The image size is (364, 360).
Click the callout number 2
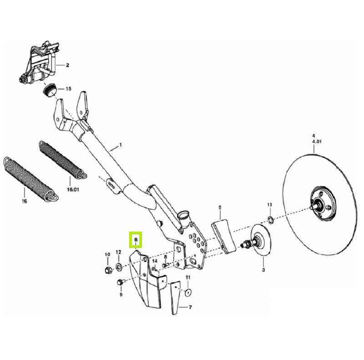(67, 65)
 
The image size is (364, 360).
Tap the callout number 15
(68, 89)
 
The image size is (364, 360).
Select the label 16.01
(73, 189)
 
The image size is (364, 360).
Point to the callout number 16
(25, 201)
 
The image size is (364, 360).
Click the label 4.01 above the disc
(317, 142)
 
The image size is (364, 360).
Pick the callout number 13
(269, 205)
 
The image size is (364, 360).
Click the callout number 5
(220, 207)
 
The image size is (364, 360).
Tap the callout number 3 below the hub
(263, 270)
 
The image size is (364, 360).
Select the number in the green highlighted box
(136, 239)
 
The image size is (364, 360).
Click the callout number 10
(107, 254)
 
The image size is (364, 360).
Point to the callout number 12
(118, 252)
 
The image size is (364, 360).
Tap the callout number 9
(121, 294)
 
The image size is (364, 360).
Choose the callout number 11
(188, 277)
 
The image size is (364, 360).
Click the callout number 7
(190, 307)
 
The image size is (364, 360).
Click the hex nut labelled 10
(108, 270)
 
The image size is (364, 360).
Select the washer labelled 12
(119, 267)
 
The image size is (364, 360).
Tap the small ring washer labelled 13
(270, 219)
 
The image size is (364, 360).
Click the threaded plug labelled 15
(50, 89)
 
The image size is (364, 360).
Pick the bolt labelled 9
(121, 282)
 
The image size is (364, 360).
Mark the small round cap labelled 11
(188, 293)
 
